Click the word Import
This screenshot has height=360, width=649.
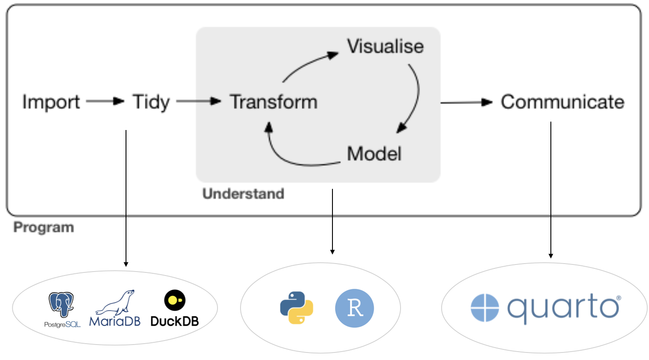tap(51, 102)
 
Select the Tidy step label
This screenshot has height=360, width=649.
tap(151, 102)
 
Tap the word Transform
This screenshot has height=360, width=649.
tap(273, 102)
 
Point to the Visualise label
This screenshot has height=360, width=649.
tap(385, 46)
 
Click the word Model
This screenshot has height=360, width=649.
tap(374, 154)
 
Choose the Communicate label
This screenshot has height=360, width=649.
tap(562, 102)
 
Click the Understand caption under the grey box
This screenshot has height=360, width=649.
tap(243, 194)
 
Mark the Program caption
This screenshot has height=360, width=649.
tap(44, 227)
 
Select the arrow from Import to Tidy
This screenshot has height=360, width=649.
tap(105, 101)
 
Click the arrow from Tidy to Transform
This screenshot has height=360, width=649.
tap(198, 101)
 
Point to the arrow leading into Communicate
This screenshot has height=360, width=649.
tap(466, 103)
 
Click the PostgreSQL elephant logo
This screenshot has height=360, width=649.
tap(61, 304)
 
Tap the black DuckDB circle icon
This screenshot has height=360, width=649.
tap(175, 300)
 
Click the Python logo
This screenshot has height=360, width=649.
tap(297, 308)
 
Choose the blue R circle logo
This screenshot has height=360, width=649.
tap(354, 308)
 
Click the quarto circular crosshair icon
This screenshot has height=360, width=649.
tap(485, 308)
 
